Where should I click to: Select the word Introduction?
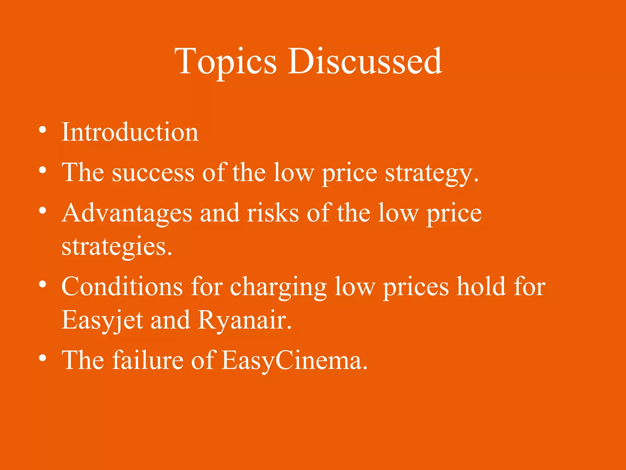(130, 132)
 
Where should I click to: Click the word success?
(153, 173)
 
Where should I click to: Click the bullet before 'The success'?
(43, 170)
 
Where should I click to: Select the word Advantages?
(127, 213)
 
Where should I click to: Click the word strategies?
(116, 247)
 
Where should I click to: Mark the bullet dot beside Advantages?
(43, 211)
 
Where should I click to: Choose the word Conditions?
(122, 287)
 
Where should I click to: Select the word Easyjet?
(102, 320)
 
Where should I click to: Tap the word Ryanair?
(244, 320)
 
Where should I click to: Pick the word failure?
(148, 360)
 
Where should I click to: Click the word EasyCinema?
(294, 361)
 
